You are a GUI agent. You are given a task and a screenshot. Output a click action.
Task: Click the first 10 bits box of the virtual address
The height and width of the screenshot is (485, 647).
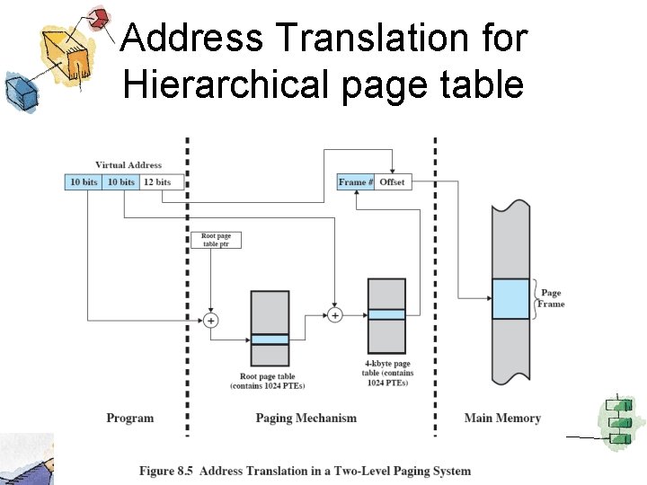point(84,182)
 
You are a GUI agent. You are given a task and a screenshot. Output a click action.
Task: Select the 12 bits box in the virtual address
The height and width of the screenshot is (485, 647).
point(157,182)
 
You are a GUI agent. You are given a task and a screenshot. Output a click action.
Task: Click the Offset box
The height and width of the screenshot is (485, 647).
point(393,182)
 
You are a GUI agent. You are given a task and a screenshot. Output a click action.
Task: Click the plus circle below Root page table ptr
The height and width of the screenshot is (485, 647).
point(211,320)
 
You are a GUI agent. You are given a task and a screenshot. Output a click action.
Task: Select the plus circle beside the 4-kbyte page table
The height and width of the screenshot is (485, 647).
point(335,315)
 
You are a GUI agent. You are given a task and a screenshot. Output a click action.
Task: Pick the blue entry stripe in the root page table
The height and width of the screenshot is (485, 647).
point(270,339)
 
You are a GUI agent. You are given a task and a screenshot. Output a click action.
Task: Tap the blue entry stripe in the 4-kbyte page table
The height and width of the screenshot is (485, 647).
point(386,314)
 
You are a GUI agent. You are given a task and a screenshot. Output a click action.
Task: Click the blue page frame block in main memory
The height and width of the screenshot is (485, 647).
point(510,299)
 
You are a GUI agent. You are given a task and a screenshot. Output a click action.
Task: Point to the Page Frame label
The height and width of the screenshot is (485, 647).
point(551,298)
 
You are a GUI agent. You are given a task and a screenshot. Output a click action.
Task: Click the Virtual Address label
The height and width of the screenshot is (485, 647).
point(129,165)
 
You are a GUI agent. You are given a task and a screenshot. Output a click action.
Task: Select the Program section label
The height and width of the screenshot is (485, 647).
point(130,418)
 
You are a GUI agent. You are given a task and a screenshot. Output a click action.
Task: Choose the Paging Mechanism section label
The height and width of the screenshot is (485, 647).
point(306,418)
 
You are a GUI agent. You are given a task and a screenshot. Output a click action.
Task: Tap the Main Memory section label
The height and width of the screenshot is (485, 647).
point(502,418)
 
